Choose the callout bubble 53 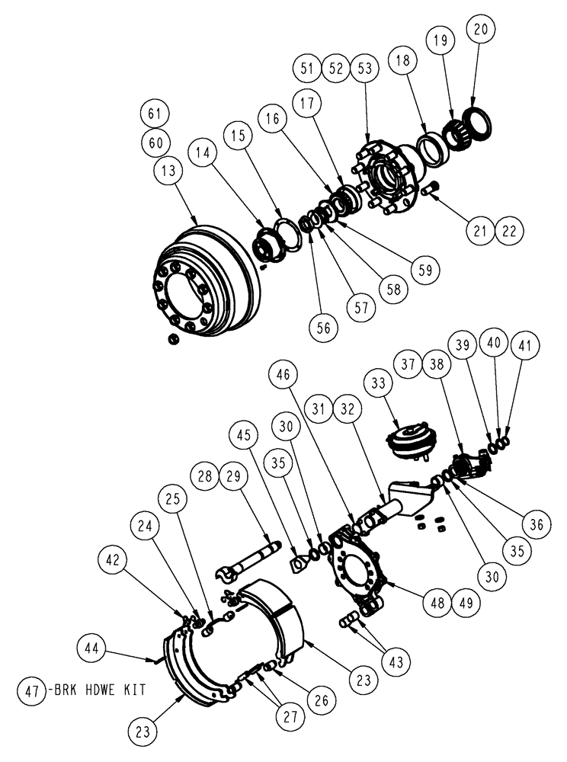point(364,67)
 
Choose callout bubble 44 point(93,648)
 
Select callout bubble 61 point(155,114)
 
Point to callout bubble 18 point(404,59)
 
